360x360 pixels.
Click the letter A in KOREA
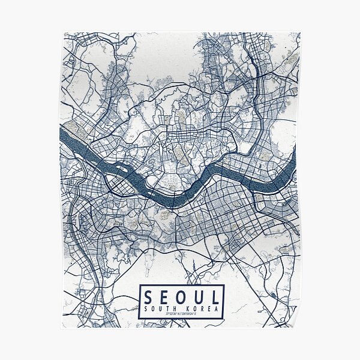(218, 308)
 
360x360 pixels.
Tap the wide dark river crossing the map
(198, 180)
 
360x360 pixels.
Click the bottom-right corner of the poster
(299, 328)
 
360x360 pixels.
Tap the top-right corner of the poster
(299, 32)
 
